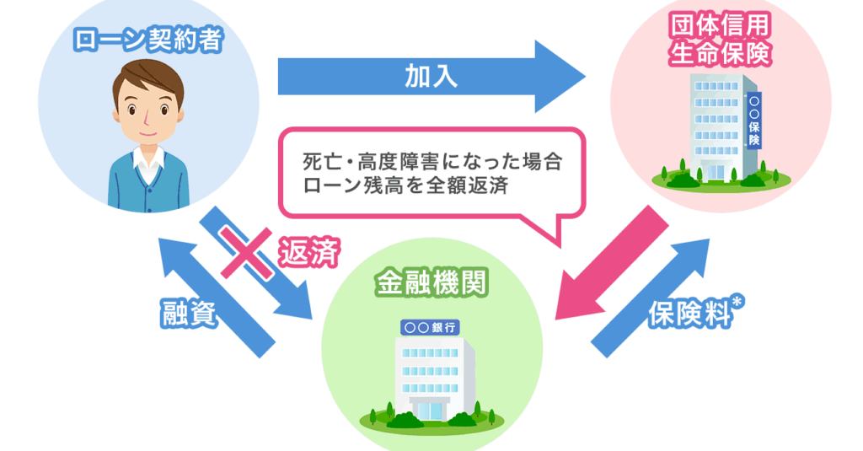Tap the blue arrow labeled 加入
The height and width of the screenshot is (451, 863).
[431, 77]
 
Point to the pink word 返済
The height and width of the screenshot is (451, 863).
[309, 252]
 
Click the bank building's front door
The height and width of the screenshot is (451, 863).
[431, 410]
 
